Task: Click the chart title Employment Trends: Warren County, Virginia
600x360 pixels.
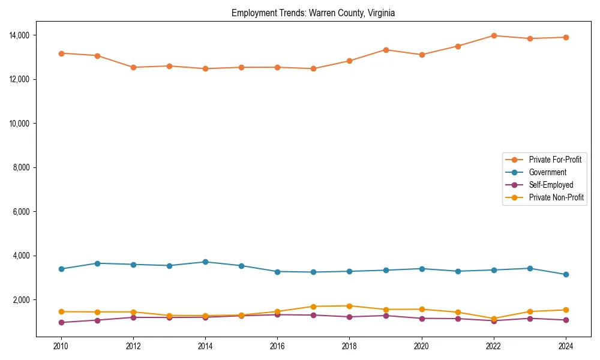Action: coord(313,13)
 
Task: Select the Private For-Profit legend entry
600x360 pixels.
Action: coord(555,160)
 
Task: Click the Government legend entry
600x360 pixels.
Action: coord(547,172)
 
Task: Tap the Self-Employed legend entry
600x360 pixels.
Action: coord(551,185)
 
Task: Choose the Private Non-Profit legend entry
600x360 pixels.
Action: coord(556,197)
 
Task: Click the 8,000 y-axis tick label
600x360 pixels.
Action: coord(23,167)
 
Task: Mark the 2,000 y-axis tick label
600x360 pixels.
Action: coord(23,300)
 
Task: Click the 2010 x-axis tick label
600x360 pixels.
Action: coord(61,346)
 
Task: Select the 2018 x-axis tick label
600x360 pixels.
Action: coord(349,346)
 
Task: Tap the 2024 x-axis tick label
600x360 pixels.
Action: coord(566,346)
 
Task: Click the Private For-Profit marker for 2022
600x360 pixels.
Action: coord(494,35)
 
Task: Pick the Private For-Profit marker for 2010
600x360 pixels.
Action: coord(61,53)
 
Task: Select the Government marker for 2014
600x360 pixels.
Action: coord(205,262)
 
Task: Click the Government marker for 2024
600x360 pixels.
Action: coord(566,275)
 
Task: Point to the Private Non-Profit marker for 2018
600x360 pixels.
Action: coord(349,306)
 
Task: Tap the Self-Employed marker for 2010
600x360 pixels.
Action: coord(61,322)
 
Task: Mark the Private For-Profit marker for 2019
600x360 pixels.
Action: coord(386,50)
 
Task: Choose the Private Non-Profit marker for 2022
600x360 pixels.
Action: coord(494,319)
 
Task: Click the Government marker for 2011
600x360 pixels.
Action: coord(97,263)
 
